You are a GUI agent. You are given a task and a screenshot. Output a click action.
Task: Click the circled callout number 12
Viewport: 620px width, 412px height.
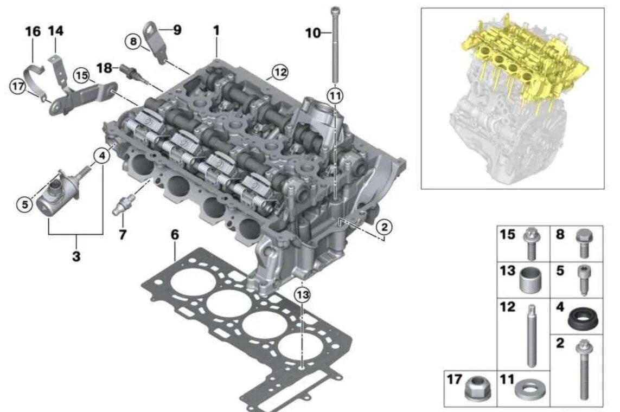(x=280, y=72)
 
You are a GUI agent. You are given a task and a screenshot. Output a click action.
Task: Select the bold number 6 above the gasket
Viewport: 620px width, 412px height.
(x=175, y=235)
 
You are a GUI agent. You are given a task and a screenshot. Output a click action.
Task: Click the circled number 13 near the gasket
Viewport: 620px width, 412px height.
(x=303, y=294)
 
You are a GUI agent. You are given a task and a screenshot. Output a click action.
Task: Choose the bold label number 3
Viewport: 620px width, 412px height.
(x=76, y=256)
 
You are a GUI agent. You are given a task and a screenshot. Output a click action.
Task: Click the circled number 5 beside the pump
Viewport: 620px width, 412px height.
(x=25, y=204)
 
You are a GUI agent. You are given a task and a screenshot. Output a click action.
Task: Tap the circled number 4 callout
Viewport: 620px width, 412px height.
(x=102, y=156)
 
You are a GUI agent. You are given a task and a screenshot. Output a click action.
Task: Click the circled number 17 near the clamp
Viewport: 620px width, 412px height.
(x=18, y=87)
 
